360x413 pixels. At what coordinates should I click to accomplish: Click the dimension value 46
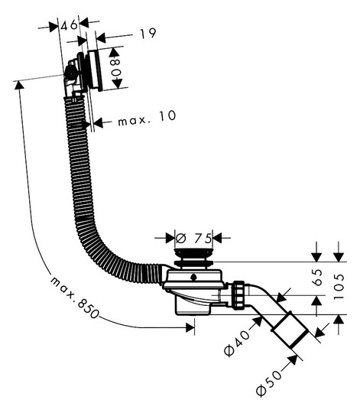pos(70,24)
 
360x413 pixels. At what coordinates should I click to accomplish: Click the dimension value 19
pos(148,34)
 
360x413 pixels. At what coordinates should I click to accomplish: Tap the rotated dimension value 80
pos(116,67)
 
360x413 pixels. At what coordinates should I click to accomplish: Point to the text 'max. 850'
pos(74,297)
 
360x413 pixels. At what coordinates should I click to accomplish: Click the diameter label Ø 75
pos(193,239)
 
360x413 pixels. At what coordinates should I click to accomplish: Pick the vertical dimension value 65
pos(318,278)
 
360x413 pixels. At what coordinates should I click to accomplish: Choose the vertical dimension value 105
pos(339,286)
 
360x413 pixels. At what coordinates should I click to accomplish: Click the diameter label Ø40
pos(237,343)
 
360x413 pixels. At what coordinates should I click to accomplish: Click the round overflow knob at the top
pos(70,73)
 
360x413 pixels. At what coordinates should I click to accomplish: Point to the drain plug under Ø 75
pos(193,257)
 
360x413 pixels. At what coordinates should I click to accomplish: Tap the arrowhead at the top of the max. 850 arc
pos(19,85)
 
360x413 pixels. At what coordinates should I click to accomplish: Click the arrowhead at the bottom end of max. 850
pos(190,327)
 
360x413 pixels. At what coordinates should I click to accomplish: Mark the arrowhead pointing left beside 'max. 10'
pos(99,122)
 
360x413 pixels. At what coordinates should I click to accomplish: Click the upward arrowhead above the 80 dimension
pos(113,52)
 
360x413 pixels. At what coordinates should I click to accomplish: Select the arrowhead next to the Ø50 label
pos(293,360)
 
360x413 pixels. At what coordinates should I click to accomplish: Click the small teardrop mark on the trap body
pos(193,277)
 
